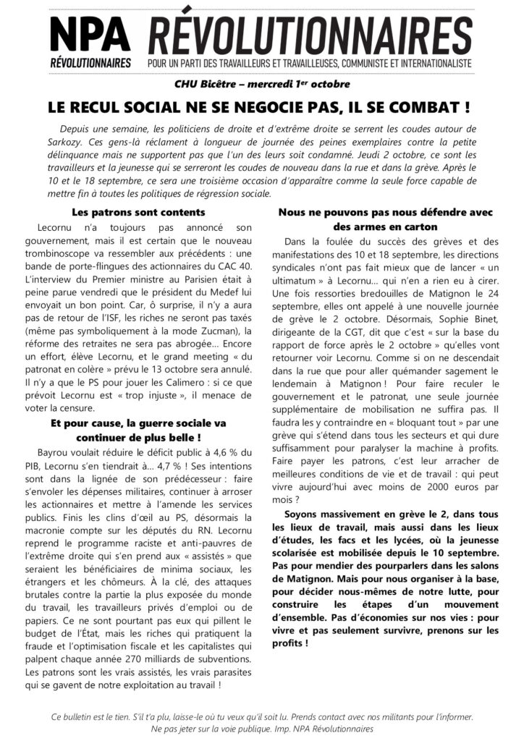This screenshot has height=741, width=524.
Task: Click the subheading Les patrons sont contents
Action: pos(139,212)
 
